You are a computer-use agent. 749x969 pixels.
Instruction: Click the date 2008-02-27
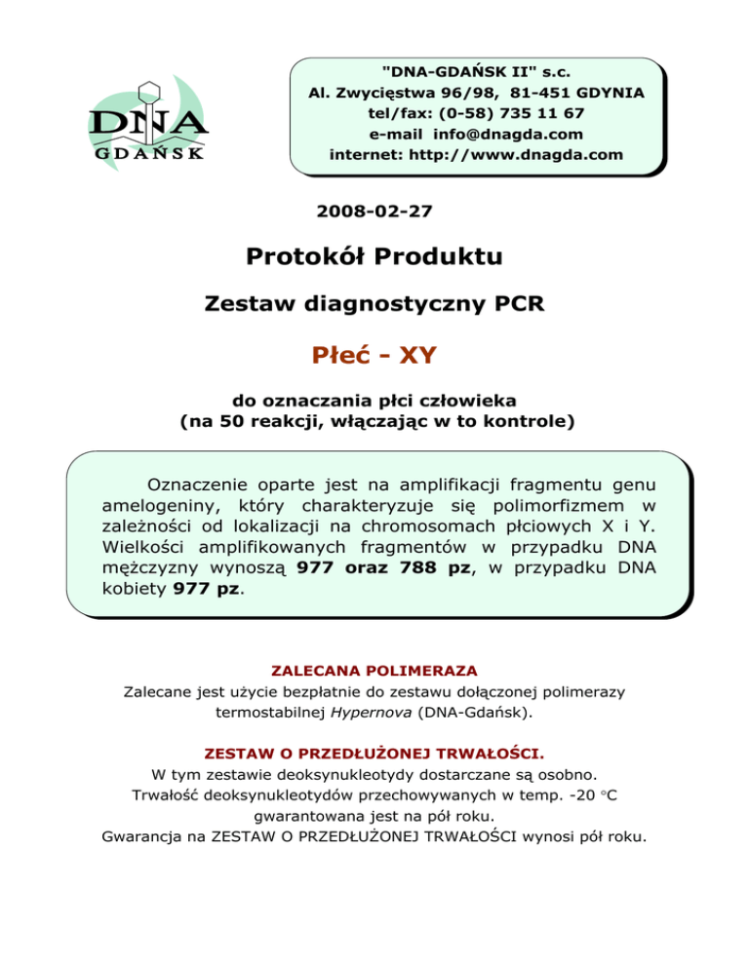[375, 210]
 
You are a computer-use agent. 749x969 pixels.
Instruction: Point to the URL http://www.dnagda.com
[526, 154]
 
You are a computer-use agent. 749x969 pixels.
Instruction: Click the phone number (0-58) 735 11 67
[508, 113]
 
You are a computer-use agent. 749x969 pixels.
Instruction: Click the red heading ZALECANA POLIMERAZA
[374, 671]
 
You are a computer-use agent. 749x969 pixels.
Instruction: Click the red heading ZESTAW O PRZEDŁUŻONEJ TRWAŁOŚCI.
[374, 754]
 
